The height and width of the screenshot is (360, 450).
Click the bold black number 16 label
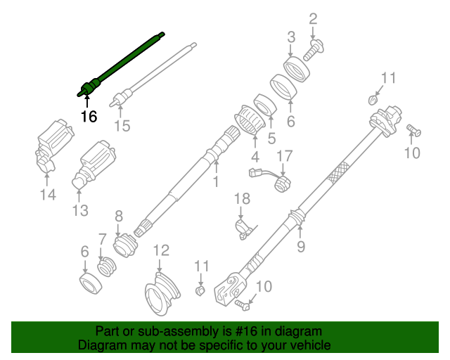pyautogui.click(x=89, y=117)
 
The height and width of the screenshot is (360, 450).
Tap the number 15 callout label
pyautogui.click(x=122, y=126)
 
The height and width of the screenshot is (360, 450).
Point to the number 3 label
pyautogui.click(x=290, y=37)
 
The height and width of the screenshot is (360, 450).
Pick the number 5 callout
pyautogui.click(x=271, y=139)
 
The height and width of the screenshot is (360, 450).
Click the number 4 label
pyautogui.click(x=255, y=156)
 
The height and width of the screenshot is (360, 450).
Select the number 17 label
pyautogui.click(x=283, y=155)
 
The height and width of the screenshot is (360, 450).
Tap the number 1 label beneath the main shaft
pyautogui.click(x=216, y=182)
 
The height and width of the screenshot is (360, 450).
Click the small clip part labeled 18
pyautogui.click(x=243, y=226)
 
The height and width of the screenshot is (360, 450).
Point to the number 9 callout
pyautogui.click(x=301, y=246)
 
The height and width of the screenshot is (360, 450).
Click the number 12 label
pyautogui.click(x=161, y=250)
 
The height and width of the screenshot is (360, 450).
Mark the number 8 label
pyautogui.click(x=118, y=217)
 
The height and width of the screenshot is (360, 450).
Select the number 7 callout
pyautogui.click(x=102, y=239)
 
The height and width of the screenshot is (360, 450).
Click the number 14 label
pyautogui.click(x=47, y=195)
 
